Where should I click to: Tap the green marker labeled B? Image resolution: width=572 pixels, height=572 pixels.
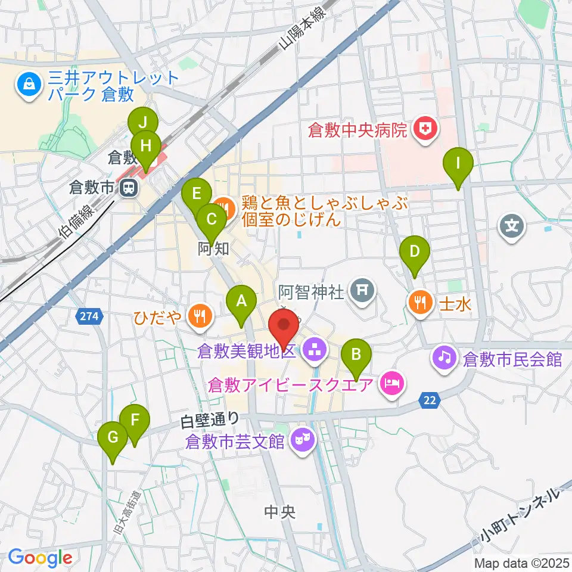(x=356, y=355)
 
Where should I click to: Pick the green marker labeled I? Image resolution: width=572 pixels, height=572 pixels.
(x=458, y=164)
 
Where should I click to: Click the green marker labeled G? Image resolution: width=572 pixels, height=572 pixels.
(x=113, y=439)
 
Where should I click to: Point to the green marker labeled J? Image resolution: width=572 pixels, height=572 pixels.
(x=143, y=123)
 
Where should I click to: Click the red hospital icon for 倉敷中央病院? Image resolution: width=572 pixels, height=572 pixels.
(x=425, y=129)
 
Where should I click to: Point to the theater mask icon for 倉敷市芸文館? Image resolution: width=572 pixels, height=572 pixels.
(x=303, y=442)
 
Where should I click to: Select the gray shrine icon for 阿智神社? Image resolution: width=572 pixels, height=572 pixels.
(x=362, y=291)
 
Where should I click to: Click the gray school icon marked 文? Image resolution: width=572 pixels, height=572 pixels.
(x=512, y=226)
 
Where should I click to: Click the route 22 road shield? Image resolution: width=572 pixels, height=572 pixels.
(x=430, y=401)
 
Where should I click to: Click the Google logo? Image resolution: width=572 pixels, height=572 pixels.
(x=39, y=558)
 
